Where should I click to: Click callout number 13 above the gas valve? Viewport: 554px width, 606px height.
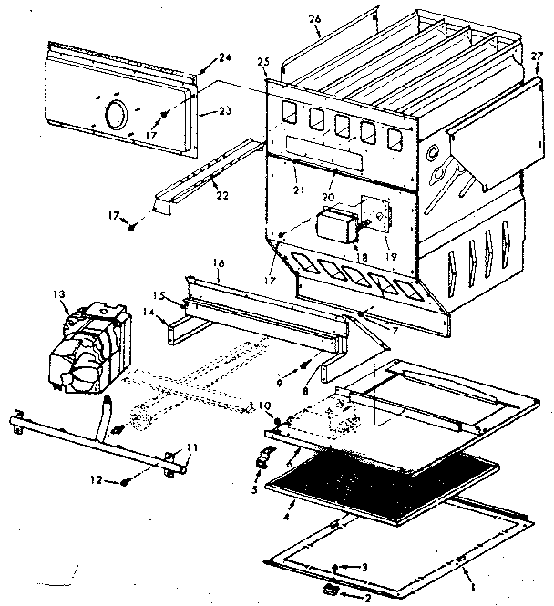[60, 293]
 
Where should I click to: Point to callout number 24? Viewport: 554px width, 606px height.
[224, 59]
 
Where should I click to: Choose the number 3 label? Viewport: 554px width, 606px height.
[364, 568]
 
